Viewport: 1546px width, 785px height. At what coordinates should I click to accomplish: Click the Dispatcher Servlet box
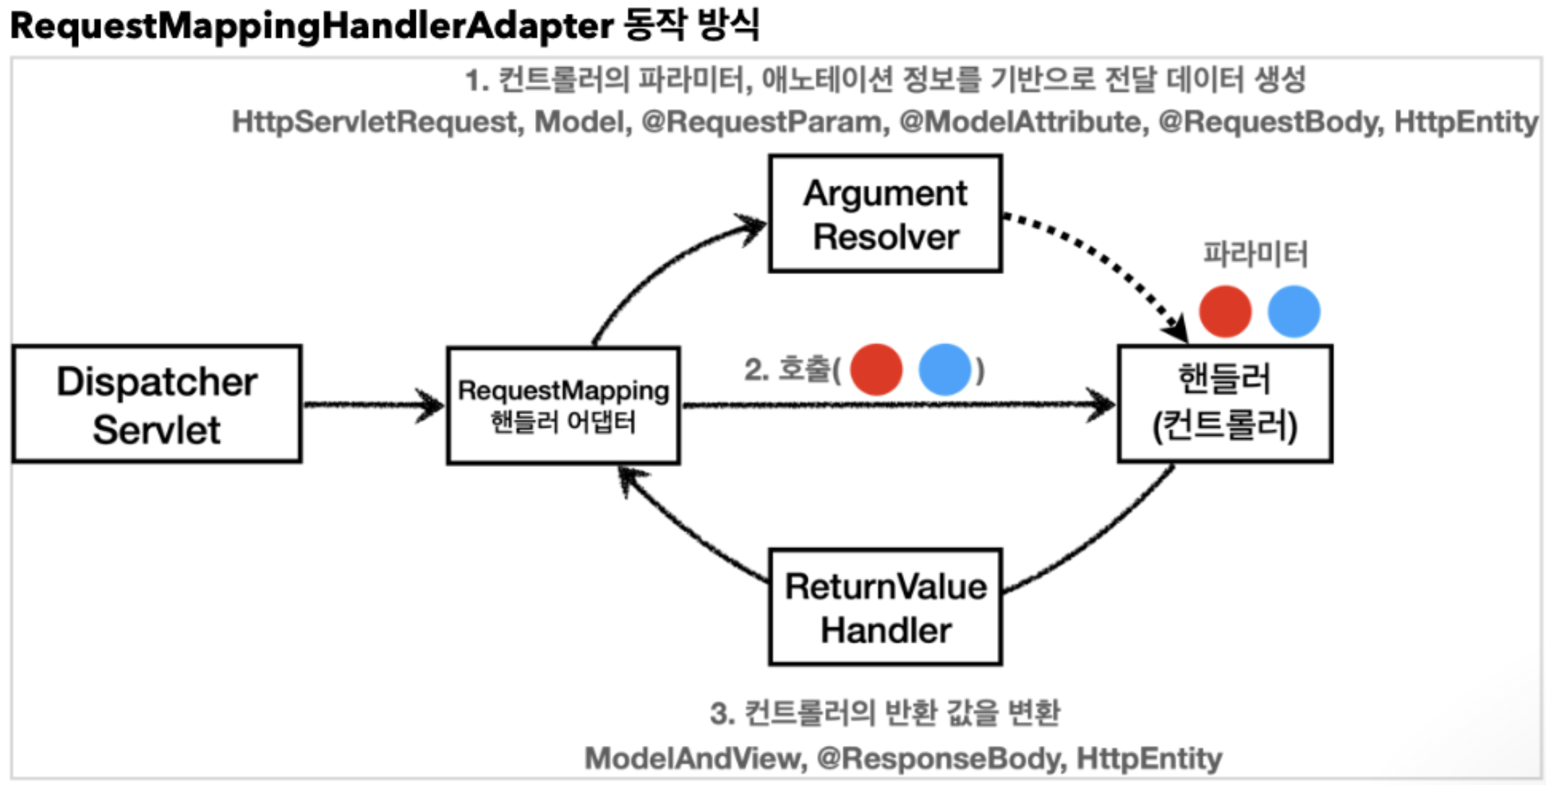[157, 404]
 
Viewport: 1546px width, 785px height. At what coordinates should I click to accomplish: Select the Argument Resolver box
[885, 214]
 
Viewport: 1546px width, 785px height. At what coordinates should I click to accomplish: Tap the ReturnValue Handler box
[885, 607]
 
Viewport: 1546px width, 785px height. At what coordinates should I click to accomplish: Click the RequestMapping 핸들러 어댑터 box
[563, 406]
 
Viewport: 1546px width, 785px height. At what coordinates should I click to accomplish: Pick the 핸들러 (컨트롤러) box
[1225, 404]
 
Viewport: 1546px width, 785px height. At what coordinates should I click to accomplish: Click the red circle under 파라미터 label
[1225, 312]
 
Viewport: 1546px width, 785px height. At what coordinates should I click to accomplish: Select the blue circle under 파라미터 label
[1294, 312]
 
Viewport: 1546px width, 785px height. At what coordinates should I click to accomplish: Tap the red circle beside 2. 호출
[876, 369]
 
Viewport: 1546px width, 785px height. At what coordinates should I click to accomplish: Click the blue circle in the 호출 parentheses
[944, 369]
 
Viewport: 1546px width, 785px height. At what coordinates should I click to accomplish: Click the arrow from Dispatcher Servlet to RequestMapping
[373, 404]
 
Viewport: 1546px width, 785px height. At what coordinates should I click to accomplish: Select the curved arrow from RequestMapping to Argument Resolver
[658, 267]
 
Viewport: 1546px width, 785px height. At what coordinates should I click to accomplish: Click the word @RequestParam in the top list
[765, 121]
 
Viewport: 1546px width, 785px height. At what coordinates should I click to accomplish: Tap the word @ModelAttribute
[1020, 121]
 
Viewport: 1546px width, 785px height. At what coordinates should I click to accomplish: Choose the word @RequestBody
[1270, 121]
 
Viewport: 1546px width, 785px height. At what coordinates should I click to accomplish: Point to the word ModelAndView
[694, 758]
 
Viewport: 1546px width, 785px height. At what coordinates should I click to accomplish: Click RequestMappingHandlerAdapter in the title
[312, 26]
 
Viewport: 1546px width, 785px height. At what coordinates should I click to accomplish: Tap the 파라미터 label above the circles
[1255, 254]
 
